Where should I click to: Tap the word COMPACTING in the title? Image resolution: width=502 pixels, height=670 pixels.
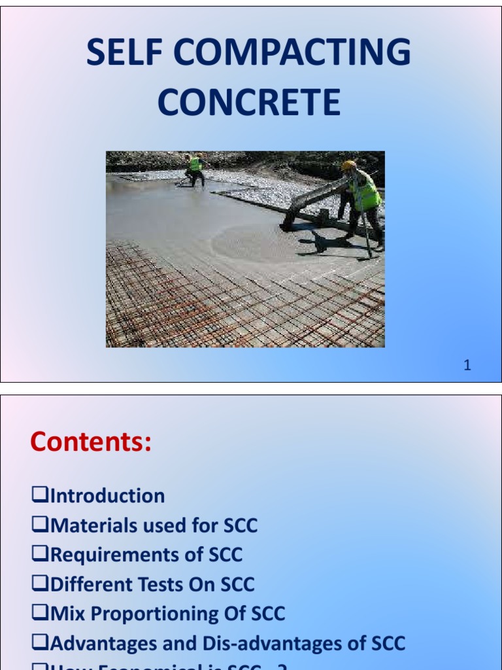[290, 54]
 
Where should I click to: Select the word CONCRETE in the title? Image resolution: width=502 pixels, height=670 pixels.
[249, 103]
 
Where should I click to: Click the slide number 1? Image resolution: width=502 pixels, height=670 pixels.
[467, 366]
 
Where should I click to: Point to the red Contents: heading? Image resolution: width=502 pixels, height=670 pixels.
[91, 443]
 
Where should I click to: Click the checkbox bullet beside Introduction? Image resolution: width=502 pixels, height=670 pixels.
[40, 496]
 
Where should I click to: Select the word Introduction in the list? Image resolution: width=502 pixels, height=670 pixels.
[107, 496]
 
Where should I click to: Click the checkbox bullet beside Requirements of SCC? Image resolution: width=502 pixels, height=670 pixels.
[40, 555]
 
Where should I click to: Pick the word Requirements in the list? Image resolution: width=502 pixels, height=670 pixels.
[114, 555]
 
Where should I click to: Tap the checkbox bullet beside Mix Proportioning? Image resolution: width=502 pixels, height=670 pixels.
[40, 614]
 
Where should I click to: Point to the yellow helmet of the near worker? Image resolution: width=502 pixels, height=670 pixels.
[348, 165]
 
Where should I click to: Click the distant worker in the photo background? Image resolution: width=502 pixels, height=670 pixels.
[194, 169]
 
